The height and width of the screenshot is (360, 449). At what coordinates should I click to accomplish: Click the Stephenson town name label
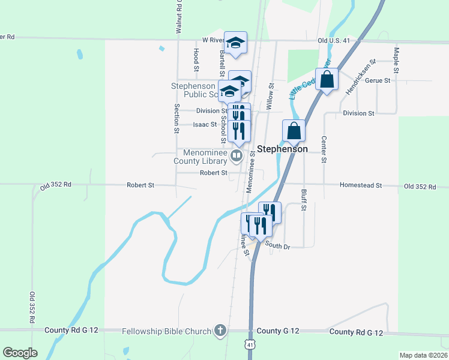pos(282,149)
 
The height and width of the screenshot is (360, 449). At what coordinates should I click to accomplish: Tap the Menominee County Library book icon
pos(237,157)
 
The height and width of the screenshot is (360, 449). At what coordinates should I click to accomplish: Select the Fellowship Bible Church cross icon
pos(220,331)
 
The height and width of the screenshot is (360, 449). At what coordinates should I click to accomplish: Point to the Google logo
pos(20,353)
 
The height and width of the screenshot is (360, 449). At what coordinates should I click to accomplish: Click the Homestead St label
pos(361,186)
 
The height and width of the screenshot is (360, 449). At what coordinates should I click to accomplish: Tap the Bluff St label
pos(304,200)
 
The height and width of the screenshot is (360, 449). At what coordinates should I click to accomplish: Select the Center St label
pos(324,149)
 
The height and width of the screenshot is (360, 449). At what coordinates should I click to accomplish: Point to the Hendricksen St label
pos(360,77)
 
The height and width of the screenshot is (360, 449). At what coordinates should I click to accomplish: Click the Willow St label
pos(271,96)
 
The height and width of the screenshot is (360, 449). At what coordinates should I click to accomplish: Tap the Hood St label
pos(196,58)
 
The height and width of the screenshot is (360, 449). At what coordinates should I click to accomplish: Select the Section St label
pos(177,118)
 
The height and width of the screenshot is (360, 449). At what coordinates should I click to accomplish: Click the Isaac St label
pos(205,125)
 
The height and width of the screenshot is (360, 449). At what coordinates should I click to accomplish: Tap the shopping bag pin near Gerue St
pos(327,80)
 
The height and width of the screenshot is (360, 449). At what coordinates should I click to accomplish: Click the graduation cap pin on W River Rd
pos(236,42)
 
